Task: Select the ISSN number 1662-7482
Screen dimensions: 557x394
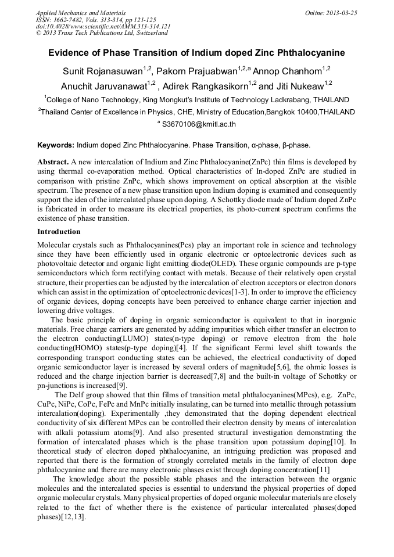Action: point(71,20)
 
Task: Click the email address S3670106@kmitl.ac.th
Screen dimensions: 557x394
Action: point(199,124)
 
